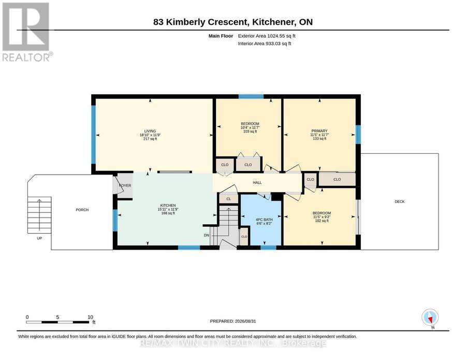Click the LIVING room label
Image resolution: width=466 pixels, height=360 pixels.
coord(150,131)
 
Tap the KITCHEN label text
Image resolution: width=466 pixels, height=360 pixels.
coord(168,206)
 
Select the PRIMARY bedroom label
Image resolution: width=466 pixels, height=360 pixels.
coord(319,131)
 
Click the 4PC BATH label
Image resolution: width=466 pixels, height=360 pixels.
coord(264,220)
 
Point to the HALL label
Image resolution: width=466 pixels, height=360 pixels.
coord(257,182)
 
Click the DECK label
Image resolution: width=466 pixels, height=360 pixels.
coord(400,201)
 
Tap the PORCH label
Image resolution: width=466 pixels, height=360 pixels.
coord(82,210)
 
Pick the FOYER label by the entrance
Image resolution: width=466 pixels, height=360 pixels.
coord(125,185)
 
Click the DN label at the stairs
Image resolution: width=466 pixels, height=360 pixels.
coord(206,236)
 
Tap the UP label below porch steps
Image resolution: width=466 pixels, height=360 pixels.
coord(39,238)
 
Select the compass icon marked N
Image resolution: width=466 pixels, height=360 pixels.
coord(430,317)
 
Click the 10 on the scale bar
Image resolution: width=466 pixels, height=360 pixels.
coord(90,317)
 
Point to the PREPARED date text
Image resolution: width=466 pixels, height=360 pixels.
coord(233,321)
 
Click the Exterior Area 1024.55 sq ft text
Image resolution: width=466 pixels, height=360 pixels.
coord(267,36)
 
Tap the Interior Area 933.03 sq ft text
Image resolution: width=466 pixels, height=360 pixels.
coord(265,44)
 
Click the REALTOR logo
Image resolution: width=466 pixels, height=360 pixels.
coord(26,32)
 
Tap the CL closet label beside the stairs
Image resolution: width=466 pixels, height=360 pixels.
coord(228,199)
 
